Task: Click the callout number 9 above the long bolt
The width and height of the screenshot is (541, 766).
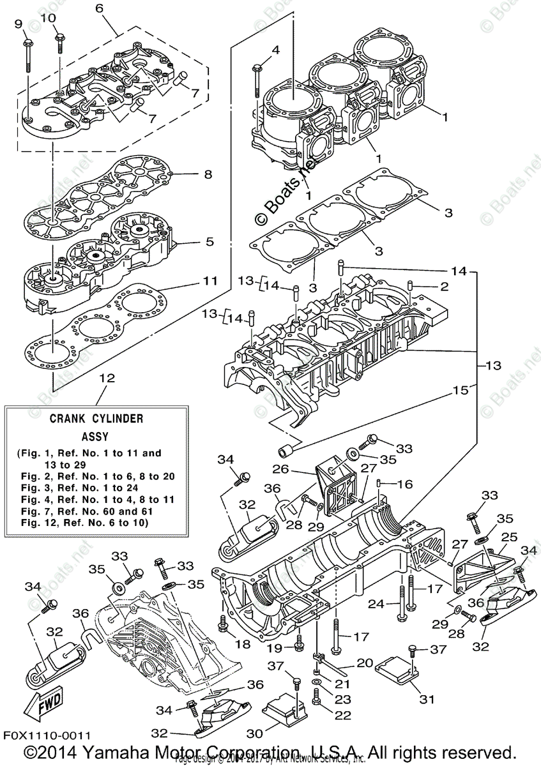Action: [18, 24]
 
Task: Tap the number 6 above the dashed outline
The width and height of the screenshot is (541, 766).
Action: [99, 9]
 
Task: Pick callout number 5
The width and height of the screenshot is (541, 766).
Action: [210, 243]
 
